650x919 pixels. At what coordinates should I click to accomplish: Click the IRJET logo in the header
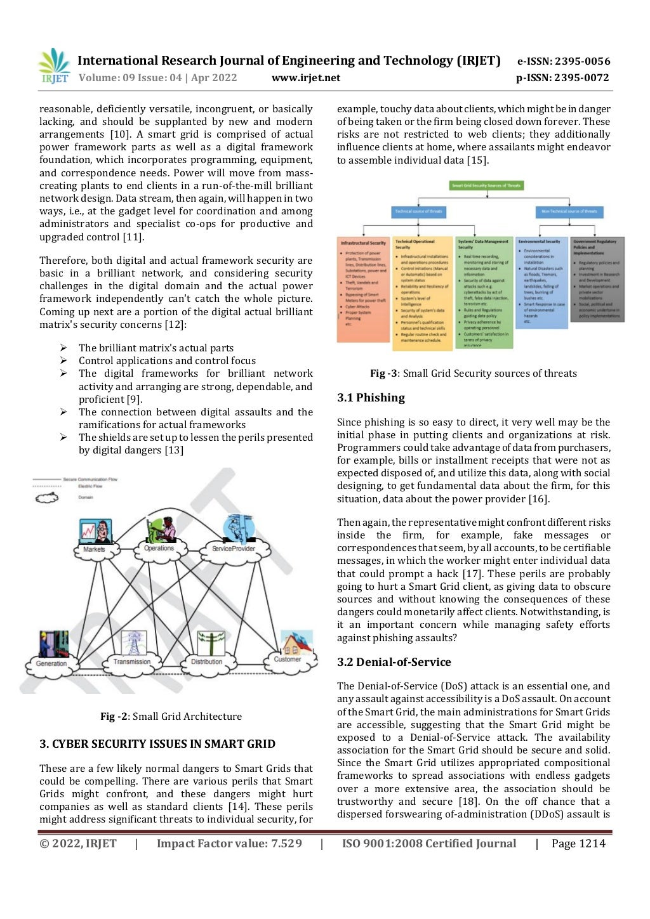coord(53,66)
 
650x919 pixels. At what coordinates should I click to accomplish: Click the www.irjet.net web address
coord(305,78)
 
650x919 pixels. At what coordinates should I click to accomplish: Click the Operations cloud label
coord(159,548)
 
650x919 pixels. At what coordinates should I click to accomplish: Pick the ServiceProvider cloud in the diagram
coord(233,549)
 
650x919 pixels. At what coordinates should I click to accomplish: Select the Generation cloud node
coord(51,663)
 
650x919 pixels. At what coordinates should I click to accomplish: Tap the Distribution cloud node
coord(206,662)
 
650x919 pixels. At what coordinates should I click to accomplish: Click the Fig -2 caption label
coord(114,717)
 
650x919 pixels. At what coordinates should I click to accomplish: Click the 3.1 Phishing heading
coord(371,398)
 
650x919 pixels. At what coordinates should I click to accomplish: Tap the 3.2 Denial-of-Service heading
coord(394,662)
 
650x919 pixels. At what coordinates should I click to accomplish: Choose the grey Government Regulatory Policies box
coord(597,280)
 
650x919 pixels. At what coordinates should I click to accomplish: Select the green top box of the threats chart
coord(486,186)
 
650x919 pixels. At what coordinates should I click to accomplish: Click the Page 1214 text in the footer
coord(578,844)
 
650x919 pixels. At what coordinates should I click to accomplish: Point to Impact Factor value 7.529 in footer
coord(229,844)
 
